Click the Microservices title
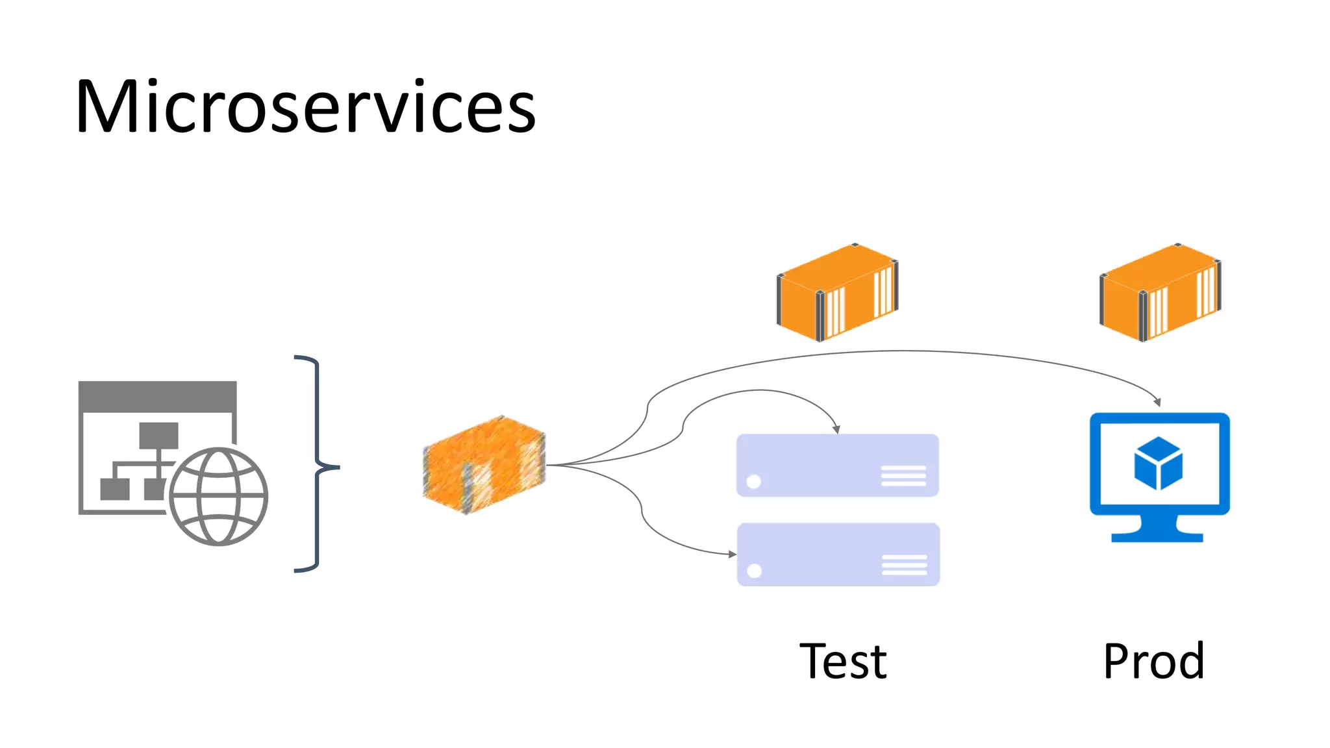click(305, 107)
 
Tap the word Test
click(843, 662)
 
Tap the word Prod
click(1153, 662)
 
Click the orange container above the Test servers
click(837, 293)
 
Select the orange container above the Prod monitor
click(1160, 293)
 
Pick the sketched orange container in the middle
click(484, 465)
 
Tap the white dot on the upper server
click(754, 481)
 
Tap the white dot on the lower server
click(755, 571)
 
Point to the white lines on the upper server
click(903, 475)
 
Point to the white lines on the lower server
click(904, 565)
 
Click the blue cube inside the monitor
click(1159, 463)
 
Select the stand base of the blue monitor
click(1157, 537)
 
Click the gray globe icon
click(218, 497)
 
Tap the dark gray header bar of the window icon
click(157, 395)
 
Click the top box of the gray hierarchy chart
click(158, 435)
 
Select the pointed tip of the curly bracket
click(337, 466)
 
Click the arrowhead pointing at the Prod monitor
click(1157, 403)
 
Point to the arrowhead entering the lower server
click(733, 554)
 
